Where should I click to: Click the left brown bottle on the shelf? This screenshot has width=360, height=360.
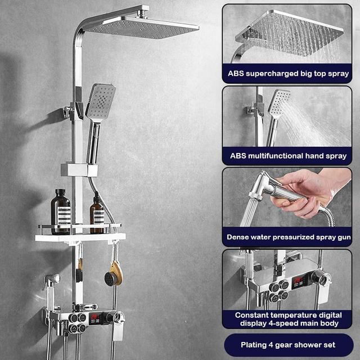[x=61, y=211]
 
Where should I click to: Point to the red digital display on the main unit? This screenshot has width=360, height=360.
[x=96, y=318]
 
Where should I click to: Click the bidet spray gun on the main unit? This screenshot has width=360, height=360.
[x=51, y=281]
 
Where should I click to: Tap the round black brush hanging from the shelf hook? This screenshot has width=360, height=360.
[x=110, y=277]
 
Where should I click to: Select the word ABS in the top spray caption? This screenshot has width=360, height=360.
[x=236, y=74]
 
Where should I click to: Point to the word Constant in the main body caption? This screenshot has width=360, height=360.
[x=251, y=315]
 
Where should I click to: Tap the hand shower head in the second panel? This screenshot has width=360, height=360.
[x=279, y=104]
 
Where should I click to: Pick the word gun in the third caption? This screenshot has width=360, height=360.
[x=342, y=237]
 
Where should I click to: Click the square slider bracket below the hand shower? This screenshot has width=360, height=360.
[x=79, y=168]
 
